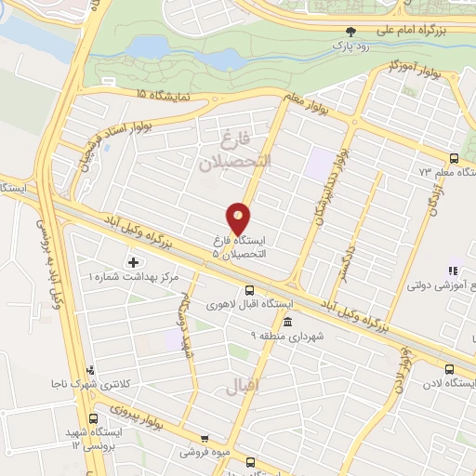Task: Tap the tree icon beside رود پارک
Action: click(x=350, y=32)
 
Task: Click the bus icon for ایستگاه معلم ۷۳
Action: click(x=454, y=159)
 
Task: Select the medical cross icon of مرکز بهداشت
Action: click(x=133, y=263)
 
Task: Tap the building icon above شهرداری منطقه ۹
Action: click(x=286, y=323)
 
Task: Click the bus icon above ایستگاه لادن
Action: click(x=450, y=369)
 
